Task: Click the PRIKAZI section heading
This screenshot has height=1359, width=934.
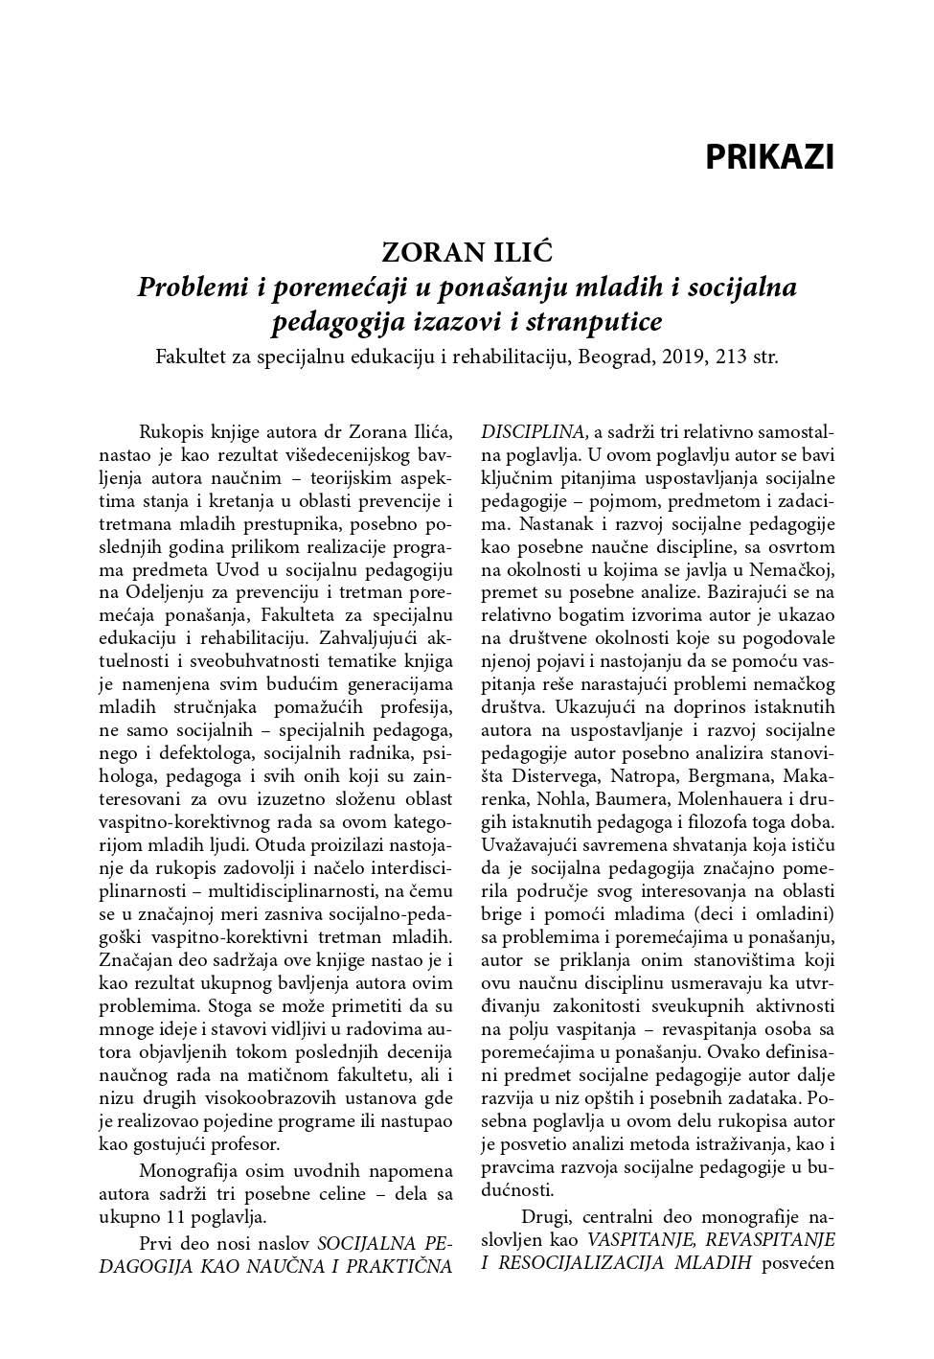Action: click(769, 157)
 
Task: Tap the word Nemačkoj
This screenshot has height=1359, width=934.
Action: click(800, 569)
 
